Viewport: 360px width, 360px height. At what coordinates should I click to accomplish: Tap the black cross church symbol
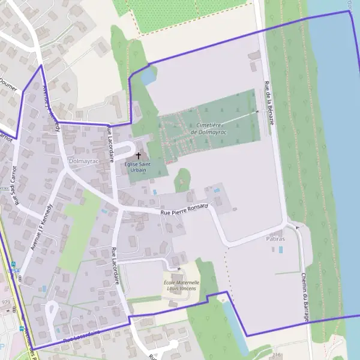tap(139, 155)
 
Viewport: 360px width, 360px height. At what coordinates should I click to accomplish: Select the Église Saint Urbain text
tap(139, 167)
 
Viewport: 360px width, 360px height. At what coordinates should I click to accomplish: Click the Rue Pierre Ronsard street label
tap(184, 209)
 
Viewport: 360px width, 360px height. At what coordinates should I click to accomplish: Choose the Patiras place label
tap(275, 239)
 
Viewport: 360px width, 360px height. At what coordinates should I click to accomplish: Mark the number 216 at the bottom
tap(277, 355)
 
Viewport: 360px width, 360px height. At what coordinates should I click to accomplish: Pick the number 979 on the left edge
tap(6, 301)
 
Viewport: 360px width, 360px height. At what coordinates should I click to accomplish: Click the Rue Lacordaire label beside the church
tap(111, 144)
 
